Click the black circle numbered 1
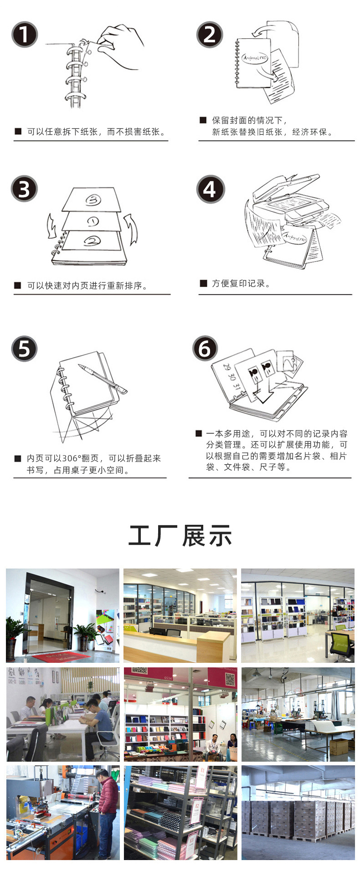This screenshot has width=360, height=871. coord(24,34)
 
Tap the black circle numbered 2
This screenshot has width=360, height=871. coord(210,34)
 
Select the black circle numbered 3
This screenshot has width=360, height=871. coord(24,189)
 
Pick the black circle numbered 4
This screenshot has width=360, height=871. coord(210,189)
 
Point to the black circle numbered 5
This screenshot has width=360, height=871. coord(24,348)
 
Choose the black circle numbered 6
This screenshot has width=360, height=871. coord(205,348)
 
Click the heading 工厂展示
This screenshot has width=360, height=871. coord(180,536)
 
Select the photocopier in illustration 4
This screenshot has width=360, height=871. coord(292,200)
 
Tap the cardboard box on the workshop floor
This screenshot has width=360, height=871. coord(339,747)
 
